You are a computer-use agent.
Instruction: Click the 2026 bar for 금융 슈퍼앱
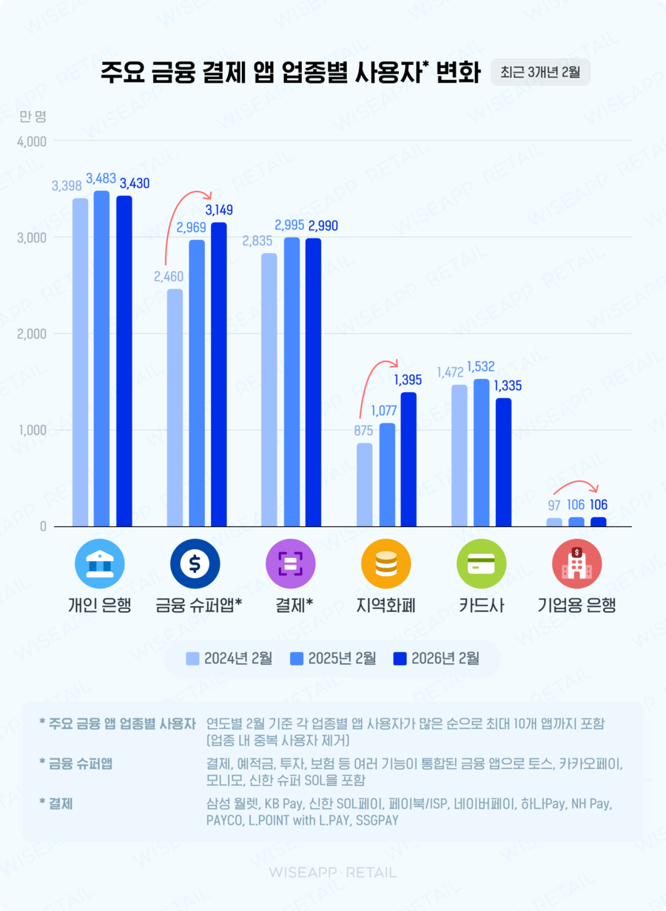[x=219, y=374]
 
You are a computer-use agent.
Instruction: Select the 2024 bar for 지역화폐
[x=364, y=485]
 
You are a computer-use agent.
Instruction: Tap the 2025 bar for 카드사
[x=482, y=453]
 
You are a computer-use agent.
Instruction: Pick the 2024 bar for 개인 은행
[x=81, y=363]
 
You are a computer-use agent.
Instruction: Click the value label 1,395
[x=408, y=380]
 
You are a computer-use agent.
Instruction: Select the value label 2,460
[x=168, y=277]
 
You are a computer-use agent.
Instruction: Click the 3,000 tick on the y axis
[x=32, y=238]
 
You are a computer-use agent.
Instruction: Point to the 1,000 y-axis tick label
[x=32, y=430]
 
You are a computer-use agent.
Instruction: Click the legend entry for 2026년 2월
[x=437, y=658]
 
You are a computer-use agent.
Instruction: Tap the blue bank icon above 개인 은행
[x=100, y=564]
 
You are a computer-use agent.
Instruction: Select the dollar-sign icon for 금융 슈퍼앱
[x=195, y=564]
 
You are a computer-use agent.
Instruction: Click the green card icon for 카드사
[x=482, y=564]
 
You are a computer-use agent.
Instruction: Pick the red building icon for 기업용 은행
[x=576, y=564]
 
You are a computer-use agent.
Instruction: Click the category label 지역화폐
[x=386, y=605]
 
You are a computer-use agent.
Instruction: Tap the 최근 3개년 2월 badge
[x=540, y=73]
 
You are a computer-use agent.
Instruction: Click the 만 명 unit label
[x=33, y=116]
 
